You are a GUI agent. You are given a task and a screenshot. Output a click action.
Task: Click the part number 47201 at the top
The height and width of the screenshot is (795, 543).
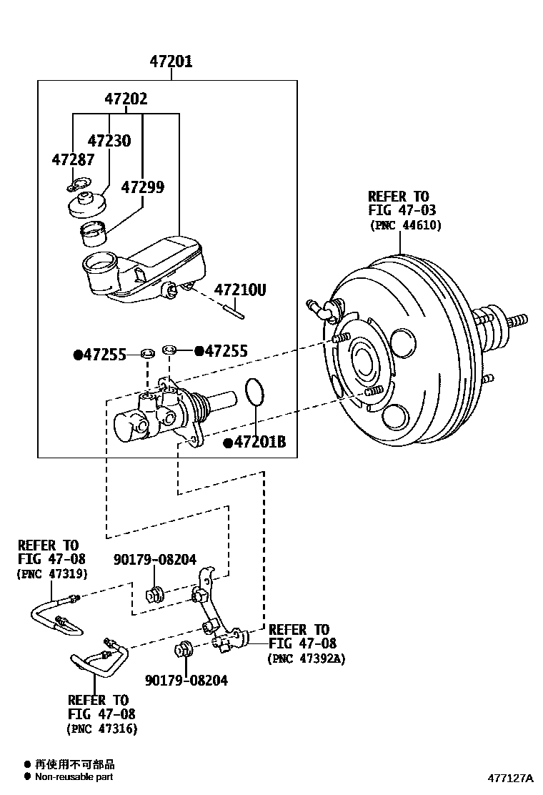click(171, 62)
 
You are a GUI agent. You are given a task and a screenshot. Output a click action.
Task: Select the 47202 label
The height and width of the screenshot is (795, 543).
click(126, 99)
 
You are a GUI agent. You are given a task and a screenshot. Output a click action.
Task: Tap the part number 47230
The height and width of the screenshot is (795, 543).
click(109, 140)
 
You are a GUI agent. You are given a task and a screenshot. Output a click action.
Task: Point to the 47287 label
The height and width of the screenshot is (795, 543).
click(73, 159)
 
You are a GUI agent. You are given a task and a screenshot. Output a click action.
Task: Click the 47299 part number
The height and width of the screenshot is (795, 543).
click(143, 187)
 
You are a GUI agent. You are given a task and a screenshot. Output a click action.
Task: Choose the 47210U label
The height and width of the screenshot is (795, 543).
click(240, 290)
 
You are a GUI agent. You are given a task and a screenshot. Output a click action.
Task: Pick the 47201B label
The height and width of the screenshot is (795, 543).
click(255, 442)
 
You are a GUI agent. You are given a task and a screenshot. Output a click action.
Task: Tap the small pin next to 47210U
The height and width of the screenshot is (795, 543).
click(234, 310)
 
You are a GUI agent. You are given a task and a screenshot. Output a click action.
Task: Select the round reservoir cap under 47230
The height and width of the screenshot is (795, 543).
click(87, 204)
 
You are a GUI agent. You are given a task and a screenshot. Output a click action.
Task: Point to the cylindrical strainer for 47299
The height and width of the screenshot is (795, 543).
click(93, 233)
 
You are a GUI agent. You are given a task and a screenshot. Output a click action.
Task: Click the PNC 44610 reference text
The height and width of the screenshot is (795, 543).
click(405, 225)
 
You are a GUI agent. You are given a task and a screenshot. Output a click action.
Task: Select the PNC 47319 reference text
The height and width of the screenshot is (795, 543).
click(52, 574)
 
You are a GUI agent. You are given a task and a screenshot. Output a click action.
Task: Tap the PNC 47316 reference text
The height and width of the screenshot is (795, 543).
click(101, 729)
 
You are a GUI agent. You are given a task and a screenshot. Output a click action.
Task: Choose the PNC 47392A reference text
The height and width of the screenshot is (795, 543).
click(307, 658)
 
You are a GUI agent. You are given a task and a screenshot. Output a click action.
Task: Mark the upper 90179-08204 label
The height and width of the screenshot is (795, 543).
click(155, 559)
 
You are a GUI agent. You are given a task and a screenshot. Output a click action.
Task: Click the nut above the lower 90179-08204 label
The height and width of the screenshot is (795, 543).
click(181, 649)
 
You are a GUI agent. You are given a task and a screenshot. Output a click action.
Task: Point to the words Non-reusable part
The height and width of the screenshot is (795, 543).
click(74, 776)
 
